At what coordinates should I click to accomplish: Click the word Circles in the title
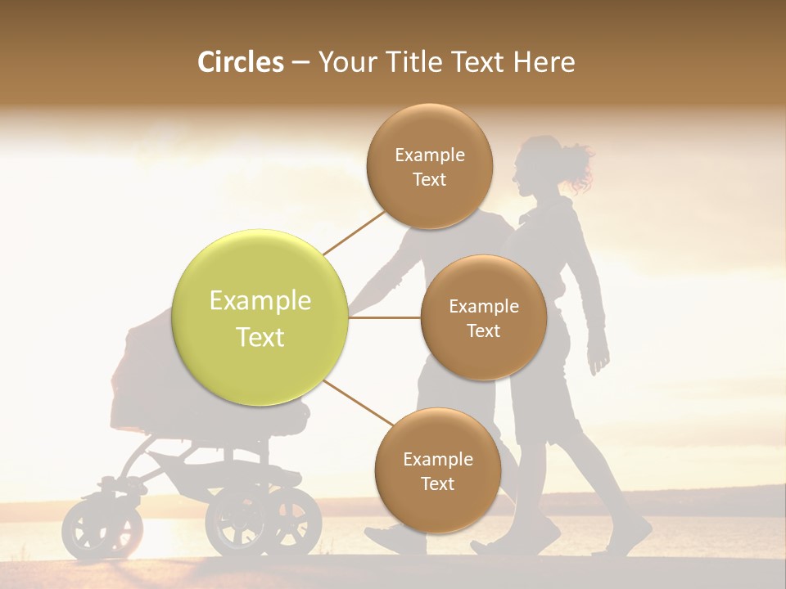tap(240, 62)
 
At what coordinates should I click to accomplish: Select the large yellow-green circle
tap(260, 318)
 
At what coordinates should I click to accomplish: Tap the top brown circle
tap(430, 166)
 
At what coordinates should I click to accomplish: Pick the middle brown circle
tap(483, 318)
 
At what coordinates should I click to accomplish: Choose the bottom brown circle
tap(437, 471)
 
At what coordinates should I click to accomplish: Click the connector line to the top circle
tap(354, 232)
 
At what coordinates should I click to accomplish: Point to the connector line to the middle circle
tap(384, 317)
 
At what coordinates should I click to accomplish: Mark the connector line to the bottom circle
tap(358, 404)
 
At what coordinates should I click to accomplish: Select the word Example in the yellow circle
tap(260, 301)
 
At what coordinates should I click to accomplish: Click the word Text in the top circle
tap(430, 179)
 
